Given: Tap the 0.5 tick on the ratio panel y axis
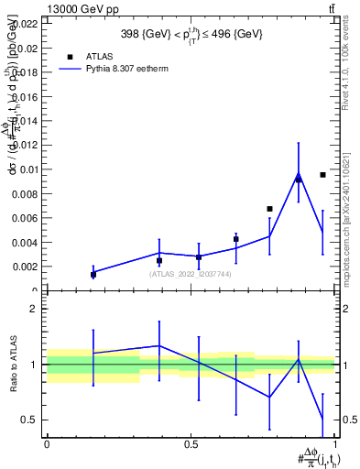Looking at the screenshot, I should tap(31, 420).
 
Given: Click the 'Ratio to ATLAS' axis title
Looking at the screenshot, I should tap(12, 364).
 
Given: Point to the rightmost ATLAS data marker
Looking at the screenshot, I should tap(322, 174).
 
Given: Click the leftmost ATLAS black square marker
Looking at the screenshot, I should tap(93, 274).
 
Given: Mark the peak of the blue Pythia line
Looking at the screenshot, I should tap(299, 174).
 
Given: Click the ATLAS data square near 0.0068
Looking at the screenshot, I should tap(269, 209).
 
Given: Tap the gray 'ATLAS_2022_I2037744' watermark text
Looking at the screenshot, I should tap(190, 274).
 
